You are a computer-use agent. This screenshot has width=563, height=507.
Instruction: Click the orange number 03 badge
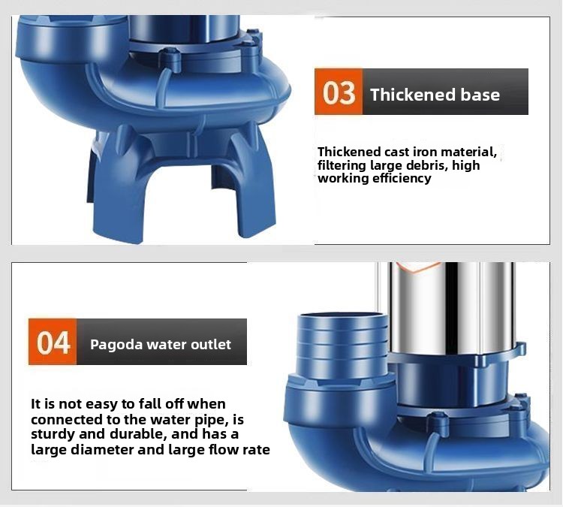(x=339, y=92)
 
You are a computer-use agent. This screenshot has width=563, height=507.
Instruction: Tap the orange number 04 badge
(x=53, y=342)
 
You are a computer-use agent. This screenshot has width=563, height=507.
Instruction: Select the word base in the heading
(x=480, y=95)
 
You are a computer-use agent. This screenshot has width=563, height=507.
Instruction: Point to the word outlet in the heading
(x=211, y=344)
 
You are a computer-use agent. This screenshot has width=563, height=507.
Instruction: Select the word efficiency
(x=402, y=179)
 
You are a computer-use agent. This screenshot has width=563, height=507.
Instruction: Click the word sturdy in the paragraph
(x=53, y=434)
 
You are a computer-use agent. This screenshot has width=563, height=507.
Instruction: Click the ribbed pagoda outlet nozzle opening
(x=343, y=317)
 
